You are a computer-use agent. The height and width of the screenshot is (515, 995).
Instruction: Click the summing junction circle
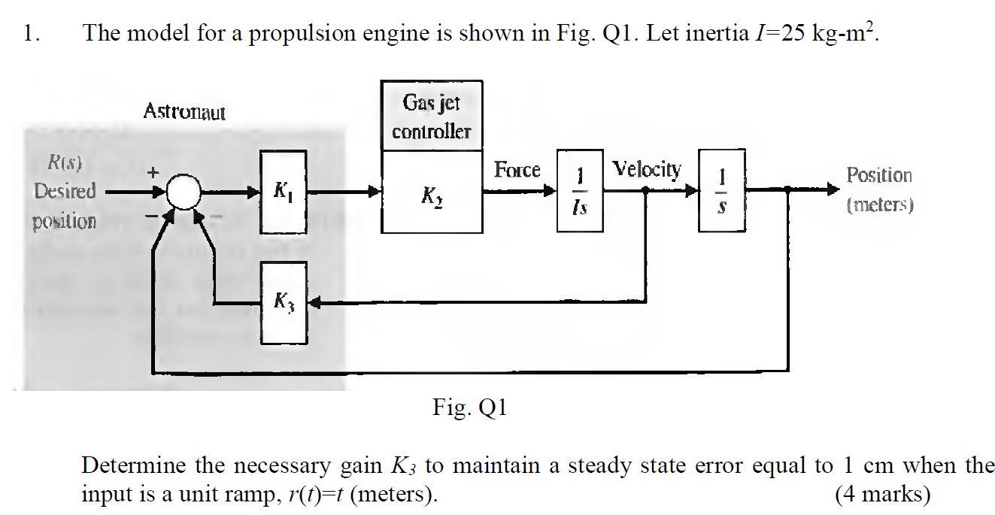pos(182,192)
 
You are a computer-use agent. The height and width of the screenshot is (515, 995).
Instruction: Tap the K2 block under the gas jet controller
pos(431,192)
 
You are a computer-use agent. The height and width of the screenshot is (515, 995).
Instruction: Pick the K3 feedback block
pos(284,302)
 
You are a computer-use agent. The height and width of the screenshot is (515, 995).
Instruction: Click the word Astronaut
pos(184,112)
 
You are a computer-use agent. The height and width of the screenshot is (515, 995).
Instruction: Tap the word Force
pos(517,170)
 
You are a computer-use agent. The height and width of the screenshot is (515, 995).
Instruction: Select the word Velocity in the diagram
pos(647,169)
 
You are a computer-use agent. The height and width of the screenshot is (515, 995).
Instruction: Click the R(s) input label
pos(65,162)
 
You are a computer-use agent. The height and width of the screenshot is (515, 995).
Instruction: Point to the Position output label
pos(879,175)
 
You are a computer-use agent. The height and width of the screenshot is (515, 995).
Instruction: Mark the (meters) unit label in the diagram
pos(879,204)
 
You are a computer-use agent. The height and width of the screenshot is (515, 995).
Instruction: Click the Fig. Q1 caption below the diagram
pos(470,408)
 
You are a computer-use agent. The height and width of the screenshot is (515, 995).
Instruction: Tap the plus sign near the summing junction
pos(153,172)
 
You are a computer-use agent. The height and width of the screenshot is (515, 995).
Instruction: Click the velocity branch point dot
pos(645,191)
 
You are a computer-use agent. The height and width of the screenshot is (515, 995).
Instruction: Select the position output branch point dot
pos(787,191)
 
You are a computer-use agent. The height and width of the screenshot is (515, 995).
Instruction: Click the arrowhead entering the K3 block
pos(314,303)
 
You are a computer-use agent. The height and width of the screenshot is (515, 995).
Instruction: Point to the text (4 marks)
pos(881,494)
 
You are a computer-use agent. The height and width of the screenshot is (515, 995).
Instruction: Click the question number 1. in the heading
pos(30,33)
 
